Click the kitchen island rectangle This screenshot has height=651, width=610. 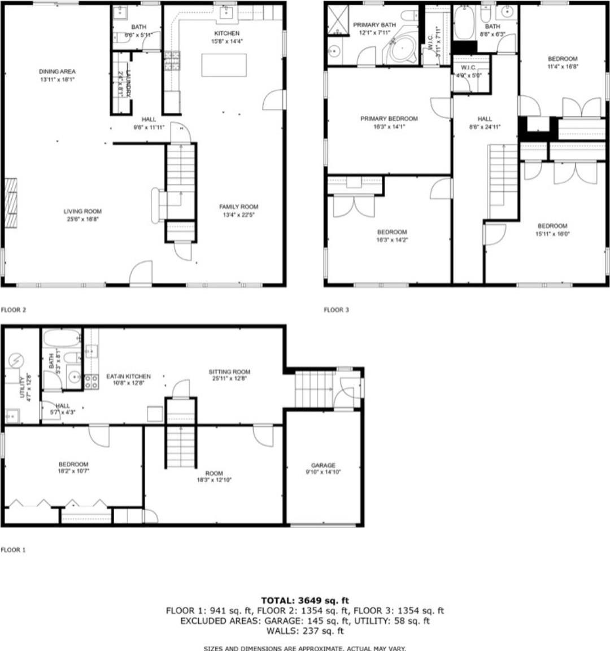click(x=224, y=64)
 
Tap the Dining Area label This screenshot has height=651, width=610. click(x=57, y=72)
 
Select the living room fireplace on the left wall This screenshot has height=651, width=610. click(x=11, y=202)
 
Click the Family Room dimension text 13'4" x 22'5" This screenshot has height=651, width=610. click(x=238, y=215)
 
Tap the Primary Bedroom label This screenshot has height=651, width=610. click(x=389, y=119)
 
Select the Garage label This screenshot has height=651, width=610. click(x=323, y=465)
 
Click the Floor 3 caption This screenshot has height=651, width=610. click(x=336, y=309)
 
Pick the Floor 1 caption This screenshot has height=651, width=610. click(x=14, y=549)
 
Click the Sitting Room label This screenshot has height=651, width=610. click(x=229, y=372)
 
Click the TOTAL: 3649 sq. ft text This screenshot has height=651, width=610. click(x=305, y=600)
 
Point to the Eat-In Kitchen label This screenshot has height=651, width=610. click(x=129, y=376)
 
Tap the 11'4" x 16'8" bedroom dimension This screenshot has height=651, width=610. click(x=563, y=67)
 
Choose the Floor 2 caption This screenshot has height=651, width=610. click(x=14, y=309)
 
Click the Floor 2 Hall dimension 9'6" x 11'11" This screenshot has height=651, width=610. click(x=149, y=127)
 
